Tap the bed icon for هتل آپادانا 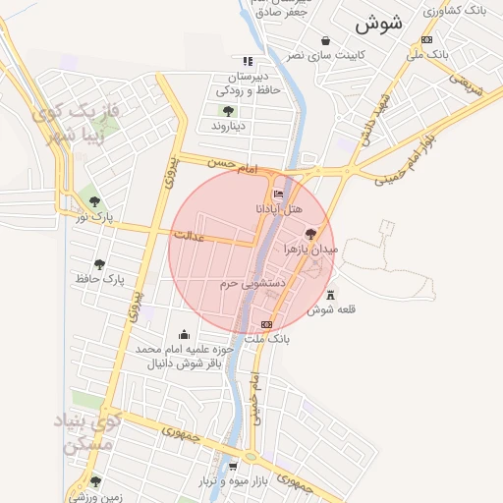[x=279, y=195]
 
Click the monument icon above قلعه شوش [x=329, y=294]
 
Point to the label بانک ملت [x=268, y=339]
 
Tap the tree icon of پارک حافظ [x=99, y=263]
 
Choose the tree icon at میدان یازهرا [x=311, y=234]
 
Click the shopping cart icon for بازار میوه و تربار [x=233, y=467]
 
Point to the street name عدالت [x=189, y=236]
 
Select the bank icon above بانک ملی [x=426, y=39]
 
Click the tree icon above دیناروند [x=228, y=111]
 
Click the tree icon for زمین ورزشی [x=95, y=481]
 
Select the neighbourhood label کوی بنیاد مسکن [x=90, y=432]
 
